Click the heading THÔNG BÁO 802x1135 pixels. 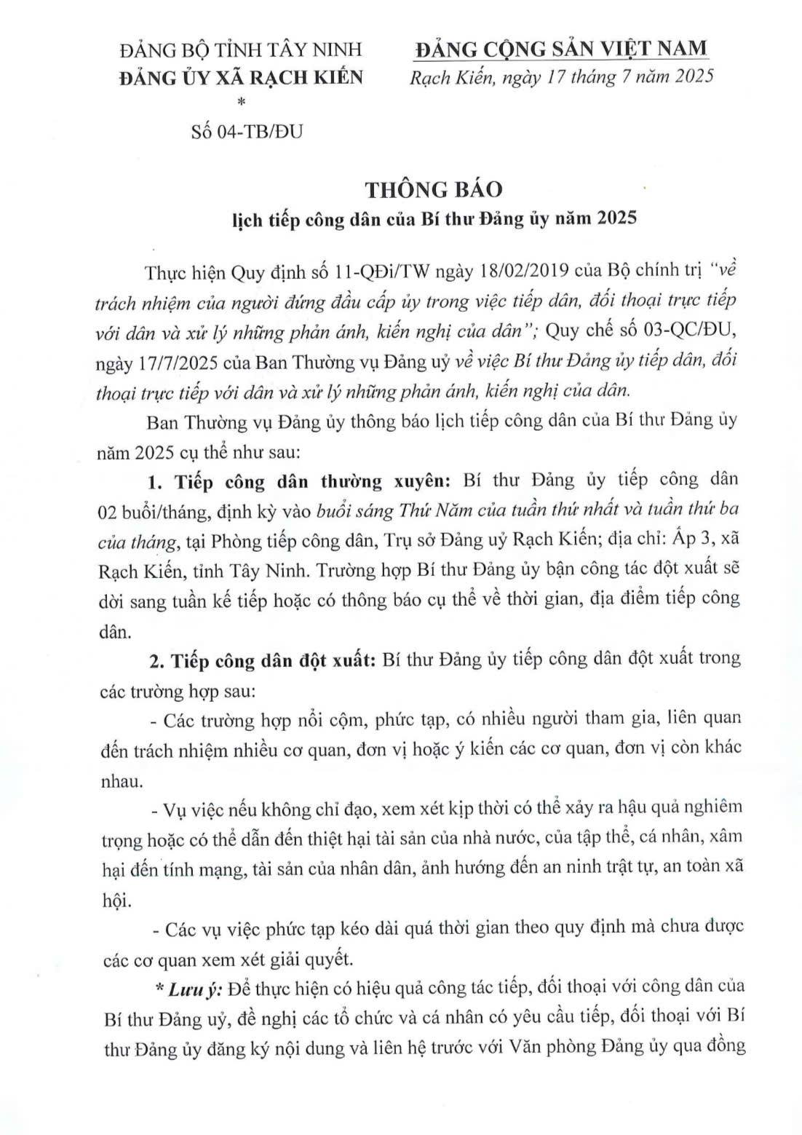point(434,189)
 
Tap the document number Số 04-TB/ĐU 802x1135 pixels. point(247,131)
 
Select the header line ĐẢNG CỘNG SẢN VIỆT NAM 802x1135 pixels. point(560,49)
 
